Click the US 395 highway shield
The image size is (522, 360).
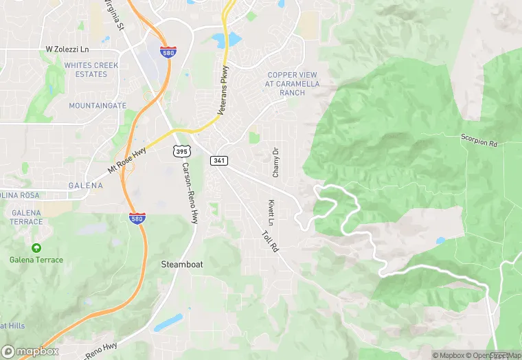[x=181, y=150]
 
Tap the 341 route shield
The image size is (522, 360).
[x=219, y=161]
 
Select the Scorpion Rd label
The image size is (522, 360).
[x=479, y=142]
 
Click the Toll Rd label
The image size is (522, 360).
[x=269, y=239]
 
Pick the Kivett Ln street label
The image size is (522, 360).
[x=271, y=213]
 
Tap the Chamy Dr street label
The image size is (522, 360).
[x=275, y=161]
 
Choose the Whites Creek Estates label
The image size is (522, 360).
[x=91, y=69]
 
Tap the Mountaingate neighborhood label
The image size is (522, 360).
[x=98, y=106]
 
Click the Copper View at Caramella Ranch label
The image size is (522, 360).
[x=293, y=83]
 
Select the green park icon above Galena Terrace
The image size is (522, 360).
[x=36, y=247]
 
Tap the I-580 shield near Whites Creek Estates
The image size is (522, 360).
[x=167, y=52]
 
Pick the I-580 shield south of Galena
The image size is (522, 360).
[x=137, y=218]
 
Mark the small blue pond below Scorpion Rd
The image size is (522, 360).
[x=440, y=241]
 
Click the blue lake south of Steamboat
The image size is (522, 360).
[x=168, y=322]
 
